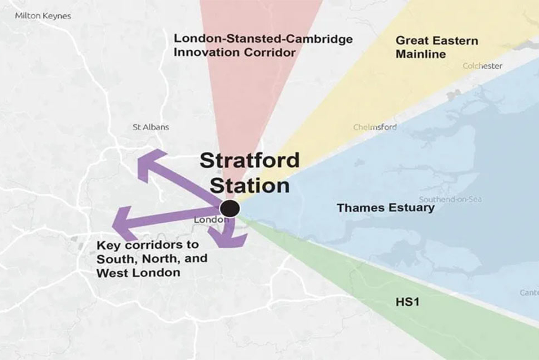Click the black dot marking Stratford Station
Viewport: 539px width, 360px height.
(x=230, y=208)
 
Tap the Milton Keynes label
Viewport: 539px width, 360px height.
(x=43, y=16)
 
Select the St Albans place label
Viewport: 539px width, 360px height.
(x=151, y=127)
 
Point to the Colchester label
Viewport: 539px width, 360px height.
(x=482, y=66)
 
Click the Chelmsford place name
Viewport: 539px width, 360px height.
(x=375, y=127)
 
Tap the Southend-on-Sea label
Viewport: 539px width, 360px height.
(x=451, y=199)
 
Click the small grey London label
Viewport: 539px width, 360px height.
(x=209, y=220)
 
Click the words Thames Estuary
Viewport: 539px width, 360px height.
(x=386, y=208)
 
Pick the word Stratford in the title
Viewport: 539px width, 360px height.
(x=249, y=160)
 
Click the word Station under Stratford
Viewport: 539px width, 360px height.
(x=250, y=185)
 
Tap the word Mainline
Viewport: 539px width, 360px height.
(x=421, y=54)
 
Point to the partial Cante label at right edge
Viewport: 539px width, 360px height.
(x=529, y=293)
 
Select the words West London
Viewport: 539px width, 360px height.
(x=138, y=272)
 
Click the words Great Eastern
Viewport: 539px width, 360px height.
(x=437, y=41)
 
